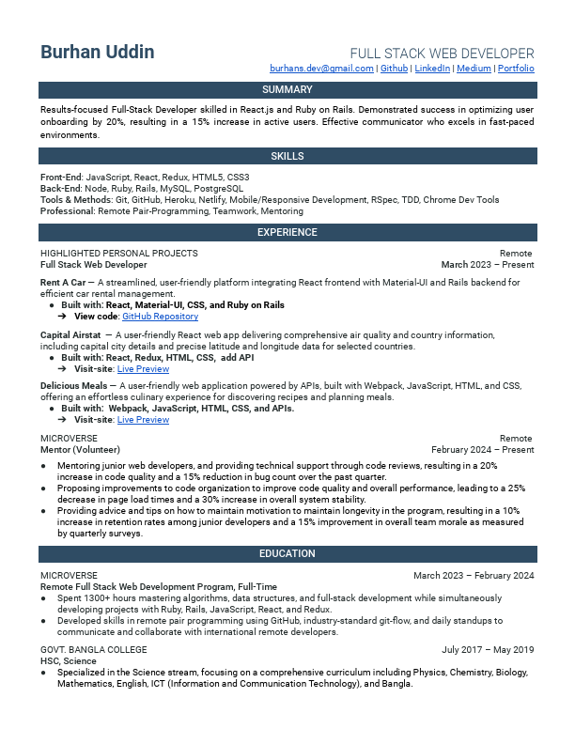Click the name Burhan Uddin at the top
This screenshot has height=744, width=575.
[98, 52]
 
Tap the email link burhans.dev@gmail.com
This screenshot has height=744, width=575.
[321, 69]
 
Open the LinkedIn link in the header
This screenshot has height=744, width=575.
[432, 69]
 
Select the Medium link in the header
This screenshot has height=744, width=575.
[474, 69]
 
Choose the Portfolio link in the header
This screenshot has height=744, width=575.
[516, 69]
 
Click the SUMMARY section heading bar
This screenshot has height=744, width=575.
[287, 90]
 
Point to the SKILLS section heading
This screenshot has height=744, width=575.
[287, 156]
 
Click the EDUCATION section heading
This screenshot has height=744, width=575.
[287, 554]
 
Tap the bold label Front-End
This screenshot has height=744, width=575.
[61, 177]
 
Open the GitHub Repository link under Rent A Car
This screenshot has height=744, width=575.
[160, 317]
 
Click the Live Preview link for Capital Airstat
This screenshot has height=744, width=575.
[143, 368]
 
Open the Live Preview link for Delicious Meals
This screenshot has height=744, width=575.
[143, 420]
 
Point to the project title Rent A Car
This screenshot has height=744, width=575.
[63, 282]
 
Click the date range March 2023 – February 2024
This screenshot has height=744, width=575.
[474, 575]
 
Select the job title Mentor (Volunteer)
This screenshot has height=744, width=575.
[80, 450]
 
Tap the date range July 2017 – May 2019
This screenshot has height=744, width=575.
[488, 650]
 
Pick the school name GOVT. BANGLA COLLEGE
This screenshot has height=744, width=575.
[94, 650]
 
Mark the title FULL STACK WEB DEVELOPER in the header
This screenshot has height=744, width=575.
[442, 54]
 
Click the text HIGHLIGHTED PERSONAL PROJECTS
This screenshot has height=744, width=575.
[119, 254]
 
